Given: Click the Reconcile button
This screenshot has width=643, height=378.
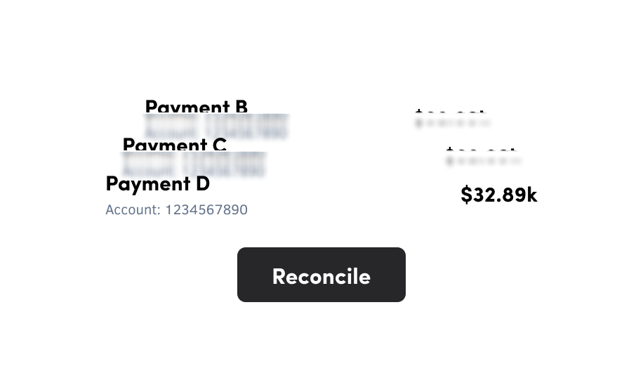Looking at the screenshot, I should pos(321,275).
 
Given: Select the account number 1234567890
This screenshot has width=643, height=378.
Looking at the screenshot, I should pos(206,209).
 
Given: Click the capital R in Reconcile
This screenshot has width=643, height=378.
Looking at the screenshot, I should pos(279,276).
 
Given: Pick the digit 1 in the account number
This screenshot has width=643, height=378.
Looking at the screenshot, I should pos(168,209).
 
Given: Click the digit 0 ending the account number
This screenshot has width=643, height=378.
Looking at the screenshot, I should pos(243,209).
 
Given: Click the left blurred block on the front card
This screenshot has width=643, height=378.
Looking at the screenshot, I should pos(149,167).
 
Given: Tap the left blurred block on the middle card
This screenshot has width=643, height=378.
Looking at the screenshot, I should pos(171,128).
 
